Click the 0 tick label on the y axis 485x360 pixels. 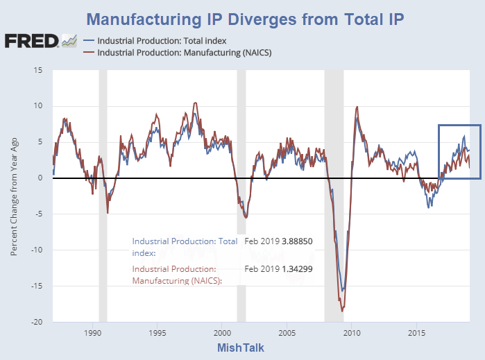[40, 178]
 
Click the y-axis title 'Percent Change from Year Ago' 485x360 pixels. [14, 196]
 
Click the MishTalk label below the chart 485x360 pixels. [240, 348]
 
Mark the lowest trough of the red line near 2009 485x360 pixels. [341, 311]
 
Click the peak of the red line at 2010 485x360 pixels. [357, 107]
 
